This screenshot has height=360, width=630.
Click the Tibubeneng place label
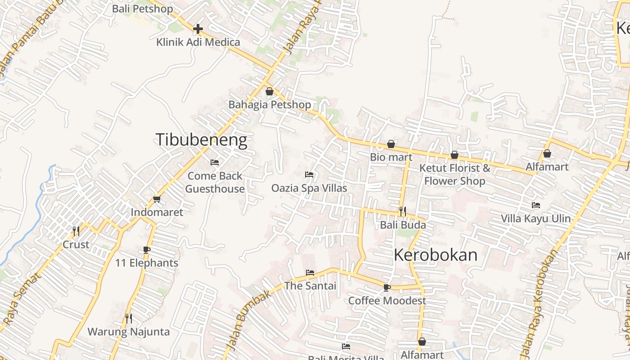tap(201, 140)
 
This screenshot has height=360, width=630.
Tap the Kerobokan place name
tap(435, 255)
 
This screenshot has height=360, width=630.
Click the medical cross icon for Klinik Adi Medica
tap(198, 29)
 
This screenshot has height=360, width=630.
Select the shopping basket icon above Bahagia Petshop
tap(270, 91)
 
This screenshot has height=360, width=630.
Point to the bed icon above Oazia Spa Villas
tap(309, 174)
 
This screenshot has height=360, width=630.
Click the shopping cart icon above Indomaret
tap(157, 199)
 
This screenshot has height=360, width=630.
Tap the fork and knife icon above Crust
tap(76, 231)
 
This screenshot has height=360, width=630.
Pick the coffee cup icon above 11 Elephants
tap(146, 249)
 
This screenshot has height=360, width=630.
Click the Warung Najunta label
tap(129, 332)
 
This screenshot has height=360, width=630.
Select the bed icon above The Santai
tap(310, 272)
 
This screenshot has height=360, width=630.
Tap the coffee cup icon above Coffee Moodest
tap(387, 287)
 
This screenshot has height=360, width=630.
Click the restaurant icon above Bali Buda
tap(402, 211)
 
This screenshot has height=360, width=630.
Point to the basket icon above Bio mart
tap(391, 144)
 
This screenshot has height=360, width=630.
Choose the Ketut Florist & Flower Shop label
tap(454, 174)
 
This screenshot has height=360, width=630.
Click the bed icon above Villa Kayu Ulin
tap(535, 205)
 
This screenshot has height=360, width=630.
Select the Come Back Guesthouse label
tap(215, 182)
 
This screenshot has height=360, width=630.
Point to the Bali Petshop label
tap(142, 9)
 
